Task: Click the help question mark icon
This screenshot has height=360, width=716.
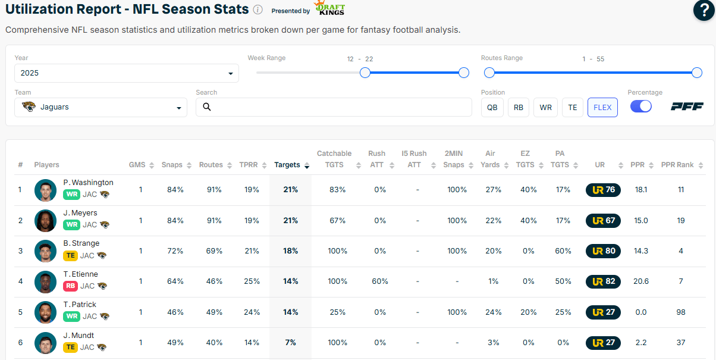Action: coord(704,11)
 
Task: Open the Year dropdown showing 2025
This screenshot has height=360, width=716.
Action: coord(127,73)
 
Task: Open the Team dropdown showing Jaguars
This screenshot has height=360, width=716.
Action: coord(101,108)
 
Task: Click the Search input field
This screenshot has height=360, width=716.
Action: coord(334,107)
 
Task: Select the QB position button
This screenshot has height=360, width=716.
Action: coord(492,108)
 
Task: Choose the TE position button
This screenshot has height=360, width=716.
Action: coord(573,108)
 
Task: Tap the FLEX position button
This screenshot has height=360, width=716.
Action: coord(602,108)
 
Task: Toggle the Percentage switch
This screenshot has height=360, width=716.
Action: coord(640,106)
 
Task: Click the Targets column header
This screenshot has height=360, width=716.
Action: coord(287,165)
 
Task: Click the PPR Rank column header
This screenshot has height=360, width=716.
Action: coord(677,165)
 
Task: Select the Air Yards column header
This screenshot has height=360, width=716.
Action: coord(490,159)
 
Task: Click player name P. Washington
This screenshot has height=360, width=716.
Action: coord(88,183)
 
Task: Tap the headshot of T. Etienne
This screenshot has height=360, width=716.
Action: coord(45,281)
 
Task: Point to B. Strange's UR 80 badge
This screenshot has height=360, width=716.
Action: coord(603,251)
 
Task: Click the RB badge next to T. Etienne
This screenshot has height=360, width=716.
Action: coord(70,286)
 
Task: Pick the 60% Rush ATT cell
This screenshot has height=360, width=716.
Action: coord(380,281)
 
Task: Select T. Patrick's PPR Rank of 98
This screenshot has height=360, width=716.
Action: coord(680,312)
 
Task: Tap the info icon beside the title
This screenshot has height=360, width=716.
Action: coord(257,10)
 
